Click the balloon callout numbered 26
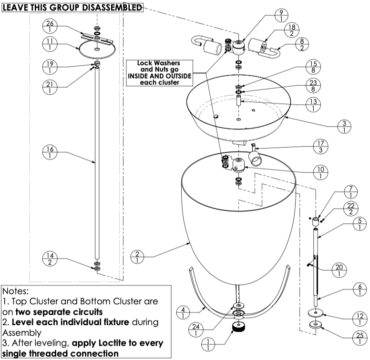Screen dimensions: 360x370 pyautogui.click(x=50, y=26)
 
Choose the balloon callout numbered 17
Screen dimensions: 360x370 pyautogui.click(x=320, y=147)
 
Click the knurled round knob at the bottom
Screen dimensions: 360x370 pyautogui.click(x=237, y=328)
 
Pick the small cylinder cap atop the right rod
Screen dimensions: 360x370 pyautogui.click(x=315, y=222)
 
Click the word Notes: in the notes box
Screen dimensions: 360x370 pyautogui.click(x=16, y=290)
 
